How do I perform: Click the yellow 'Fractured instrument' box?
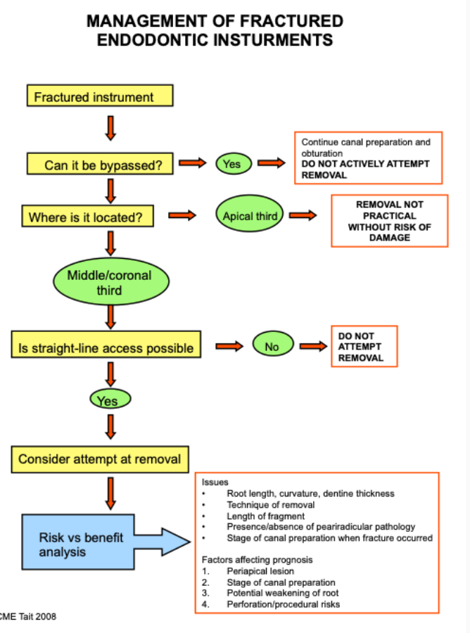pyautogui.click(x=99, y=96)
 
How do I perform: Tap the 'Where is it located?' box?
pyautogui.click(x=90, y=217)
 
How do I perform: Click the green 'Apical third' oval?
pyautogui.click(x=250, y=217)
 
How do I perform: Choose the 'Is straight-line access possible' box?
pyautogui.click(x=106, y=347)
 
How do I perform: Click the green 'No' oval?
pyautogui.click(x=272, y=346)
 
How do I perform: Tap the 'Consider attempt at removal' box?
pyautogui.click(x=99, y=460)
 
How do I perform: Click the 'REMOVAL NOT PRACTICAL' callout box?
pyautogui.click(x=389, y=221)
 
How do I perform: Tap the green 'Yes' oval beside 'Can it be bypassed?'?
pyautogui.click(x=231, y=164)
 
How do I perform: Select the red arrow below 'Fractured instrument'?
pyautogui.click(x=110, y=127)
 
